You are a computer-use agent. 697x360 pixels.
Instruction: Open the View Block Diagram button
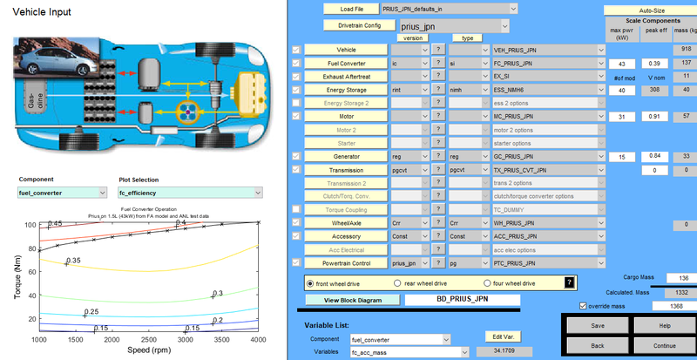click(x=354, y=300)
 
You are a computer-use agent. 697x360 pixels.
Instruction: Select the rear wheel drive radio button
click(x=397, y=283)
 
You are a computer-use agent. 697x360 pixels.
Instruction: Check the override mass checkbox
click(x=583, y=306)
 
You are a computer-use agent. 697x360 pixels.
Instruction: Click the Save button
click(x=597, y=326)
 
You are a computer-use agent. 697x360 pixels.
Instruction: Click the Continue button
click(x=665, y=345)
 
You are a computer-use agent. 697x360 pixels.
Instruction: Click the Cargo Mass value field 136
click(x=682, y=277)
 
